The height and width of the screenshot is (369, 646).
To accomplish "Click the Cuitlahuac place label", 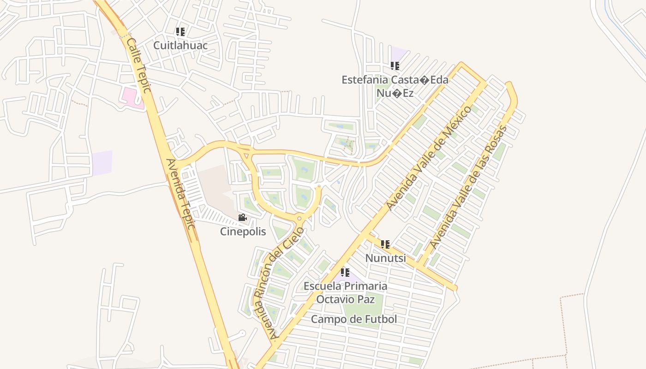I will [180, 45].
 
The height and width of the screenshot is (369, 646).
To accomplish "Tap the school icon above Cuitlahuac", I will [180, 32].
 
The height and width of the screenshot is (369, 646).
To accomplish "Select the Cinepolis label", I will [243, 231].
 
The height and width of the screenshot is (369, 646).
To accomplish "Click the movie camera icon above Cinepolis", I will [242, 218].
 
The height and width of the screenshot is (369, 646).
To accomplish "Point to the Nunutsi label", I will [385, 258].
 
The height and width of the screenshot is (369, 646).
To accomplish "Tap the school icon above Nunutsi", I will [385, 244].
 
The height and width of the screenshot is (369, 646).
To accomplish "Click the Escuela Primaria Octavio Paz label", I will [345, 292].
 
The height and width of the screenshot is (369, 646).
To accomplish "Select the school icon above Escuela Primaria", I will [345, 273].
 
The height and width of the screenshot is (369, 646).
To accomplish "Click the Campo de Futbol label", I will [353, 319].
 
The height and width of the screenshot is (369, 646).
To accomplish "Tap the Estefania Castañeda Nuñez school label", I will [395, 86].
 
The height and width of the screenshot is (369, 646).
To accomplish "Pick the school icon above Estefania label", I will [395, 66].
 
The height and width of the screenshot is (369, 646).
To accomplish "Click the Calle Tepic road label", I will [139, 65].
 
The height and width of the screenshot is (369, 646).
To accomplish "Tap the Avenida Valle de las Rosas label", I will [468, 187].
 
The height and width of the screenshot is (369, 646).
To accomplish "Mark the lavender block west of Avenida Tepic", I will [102, 163].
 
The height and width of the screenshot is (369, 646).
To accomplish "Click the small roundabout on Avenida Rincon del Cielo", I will [299, 218].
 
